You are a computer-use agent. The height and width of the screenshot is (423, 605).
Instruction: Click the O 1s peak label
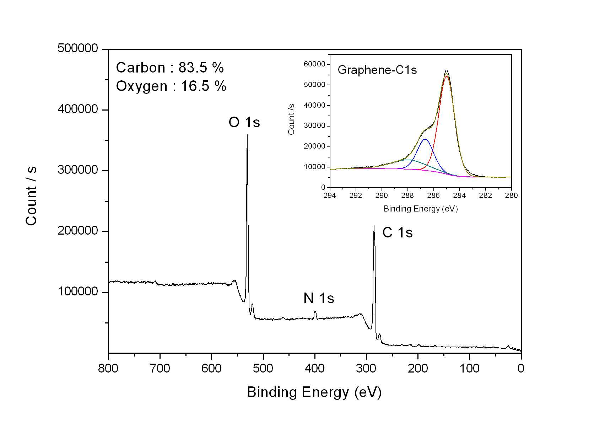click(244, 122)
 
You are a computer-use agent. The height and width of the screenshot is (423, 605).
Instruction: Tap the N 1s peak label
click(319, 298)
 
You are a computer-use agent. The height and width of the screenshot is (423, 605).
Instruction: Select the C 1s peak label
click(397, 232)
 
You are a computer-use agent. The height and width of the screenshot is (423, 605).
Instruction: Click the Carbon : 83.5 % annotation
click(170, 68)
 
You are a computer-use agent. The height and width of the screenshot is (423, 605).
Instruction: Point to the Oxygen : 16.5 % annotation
click(171, 86)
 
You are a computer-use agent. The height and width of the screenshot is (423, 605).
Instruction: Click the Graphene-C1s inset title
click(377, 70)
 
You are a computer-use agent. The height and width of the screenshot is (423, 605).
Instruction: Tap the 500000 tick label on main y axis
click(77, 48)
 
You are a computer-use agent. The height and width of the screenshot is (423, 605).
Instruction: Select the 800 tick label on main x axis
click(108, 368)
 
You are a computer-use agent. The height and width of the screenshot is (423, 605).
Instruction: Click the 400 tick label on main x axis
click(315, 368)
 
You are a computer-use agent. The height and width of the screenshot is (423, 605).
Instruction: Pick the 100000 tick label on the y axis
click(77, 291)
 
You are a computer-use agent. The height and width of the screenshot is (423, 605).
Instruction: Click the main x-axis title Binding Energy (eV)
click(314, 392)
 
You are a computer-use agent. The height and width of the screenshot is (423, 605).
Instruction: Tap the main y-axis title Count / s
click(31, 196)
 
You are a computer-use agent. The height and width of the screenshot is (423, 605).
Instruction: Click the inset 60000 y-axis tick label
click(314, 64)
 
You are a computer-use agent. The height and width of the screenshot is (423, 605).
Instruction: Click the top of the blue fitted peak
click(425, 139)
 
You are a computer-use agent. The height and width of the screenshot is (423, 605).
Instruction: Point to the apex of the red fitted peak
click(447, 76)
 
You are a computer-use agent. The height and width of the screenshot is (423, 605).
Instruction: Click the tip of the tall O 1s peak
click(247, 135)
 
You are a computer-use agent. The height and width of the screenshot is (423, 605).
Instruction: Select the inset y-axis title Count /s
click(291, 119)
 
